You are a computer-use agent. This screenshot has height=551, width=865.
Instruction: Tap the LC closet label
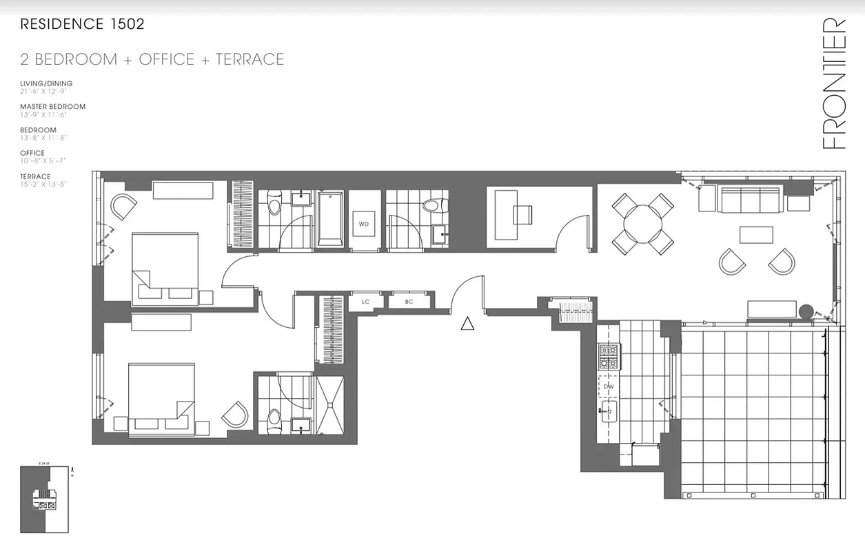[x=365, y=302]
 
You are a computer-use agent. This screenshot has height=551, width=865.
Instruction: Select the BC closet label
[x=409, y=302]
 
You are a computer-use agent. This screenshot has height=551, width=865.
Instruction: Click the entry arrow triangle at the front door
[x=467, y=323]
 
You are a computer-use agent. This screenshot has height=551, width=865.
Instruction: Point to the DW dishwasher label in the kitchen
[x=609, y=387]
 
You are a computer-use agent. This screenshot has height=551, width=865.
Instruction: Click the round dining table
[x=642, y=223]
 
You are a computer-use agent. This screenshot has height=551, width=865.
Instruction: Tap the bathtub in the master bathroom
[x=331, y=218]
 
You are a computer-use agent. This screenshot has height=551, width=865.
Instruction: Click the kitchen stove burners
[x=609, y=357]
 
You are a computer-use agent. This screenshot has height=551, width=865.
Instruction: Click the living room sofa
[x=749, y=199]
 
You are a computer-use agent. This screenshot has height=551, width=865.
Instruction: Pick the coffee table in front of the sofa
[x=756, y=235]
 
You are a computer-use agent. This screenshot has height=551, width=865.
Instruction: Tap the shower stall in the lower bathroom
[x=333, y=404]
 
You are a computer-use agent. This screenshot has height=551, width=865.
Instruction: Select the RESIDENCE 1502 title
[x=82, y=24]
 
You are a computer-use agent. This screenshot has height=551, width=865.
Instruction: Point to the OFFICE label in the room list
[x=32, y=153]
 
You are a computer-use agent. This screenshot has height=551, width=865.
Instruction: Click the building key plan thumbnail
[x=44, y=499]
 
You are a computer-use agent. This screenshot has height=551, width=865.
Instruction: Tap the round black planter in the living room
[x=805, y=311]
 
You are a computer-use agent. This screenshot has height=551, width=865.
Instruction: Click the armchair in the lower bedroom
[x=235, y=414]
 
